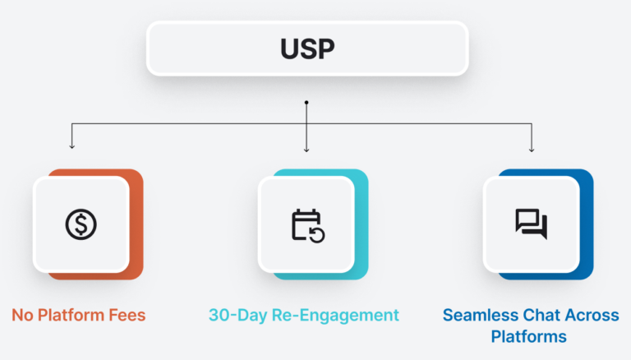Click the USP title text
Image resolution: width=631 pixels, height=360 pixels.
pos(307,48)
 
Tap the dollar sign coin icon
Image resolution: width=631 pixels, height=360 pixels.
pos(81,224)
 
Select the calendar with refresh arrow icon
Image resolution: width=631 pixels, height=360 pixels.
pos(307,224)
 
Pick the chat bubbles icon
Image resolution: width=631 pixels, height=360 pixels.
pos(531,224)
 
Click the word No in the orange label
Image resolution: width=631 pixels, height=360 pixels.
pos(24,315)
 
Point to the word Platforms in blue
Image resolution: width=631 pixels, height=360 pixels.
pos(531,337)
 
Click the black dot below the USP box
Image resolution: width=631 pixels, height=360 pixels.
pos(306,103)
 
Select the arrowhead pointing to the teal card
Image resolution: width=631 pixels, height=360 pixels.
pos(306,149)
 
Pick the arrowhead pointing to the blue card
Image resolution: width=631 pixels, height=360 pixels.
pos(532,149)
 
